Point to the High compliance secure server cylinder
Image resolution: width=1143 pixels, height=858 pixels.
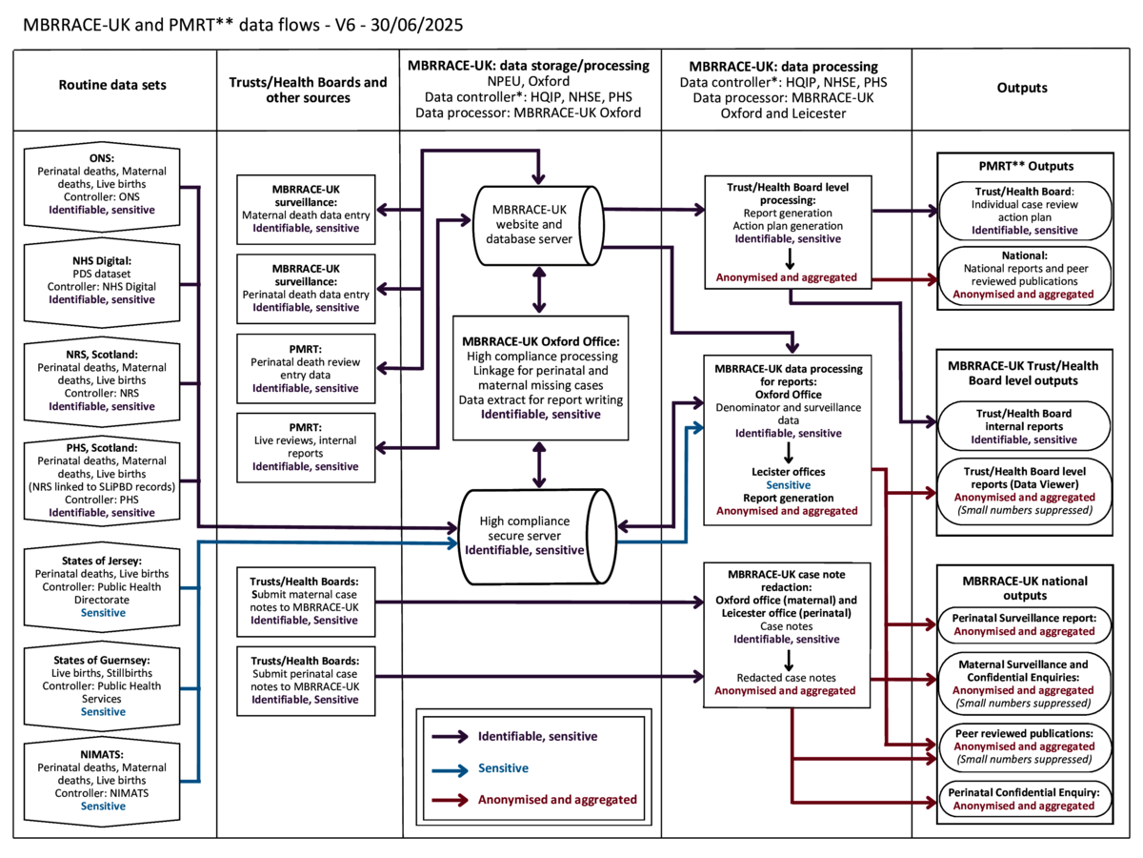point(540,536)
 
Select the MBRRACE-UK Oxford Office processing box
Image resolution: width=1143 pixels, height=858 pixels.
point(540,378)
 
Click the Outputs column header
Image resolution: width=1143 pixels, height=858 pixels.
point(1022,88)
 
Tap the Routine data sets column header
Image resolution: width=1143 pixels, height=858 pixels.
point(112,85)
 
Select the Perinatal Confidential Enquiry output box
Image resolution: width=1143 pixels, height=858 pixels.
point(1025,799)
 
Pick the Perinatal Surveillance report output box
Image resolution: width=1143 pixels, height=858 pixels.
point(1025,624)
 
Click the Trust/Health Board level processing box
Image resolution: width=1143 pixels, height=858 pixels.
point(791,232)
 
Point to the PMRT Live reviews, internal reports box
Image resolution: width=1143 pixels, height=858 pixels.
point(305,447)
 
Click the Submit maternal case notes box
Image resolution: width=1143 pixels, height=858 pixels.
point(305,601)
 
